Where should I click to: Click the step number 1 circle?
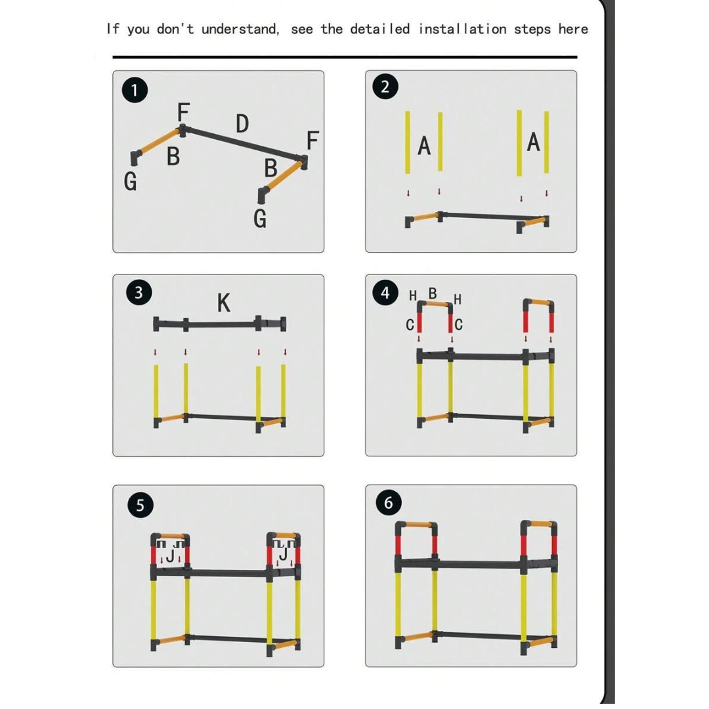(x=135, y=90)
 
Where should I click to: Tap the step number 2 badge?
(x=385, y=87)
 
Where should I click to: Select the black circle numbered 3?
(x=138, y=293)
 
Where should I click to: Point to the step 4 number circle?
(x=385, y=293)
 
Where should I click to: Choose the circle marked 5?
(x=140, y=505)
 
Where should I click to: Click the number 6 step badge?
(x=389, y=503)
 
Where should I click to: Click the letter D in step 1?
(x=242, y=123)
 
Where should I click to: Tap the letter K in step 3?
(x=223, y=303)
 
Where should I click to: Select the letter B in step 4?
(x=433, y=293)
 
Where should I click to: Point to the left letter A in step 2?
(x=424, y=146)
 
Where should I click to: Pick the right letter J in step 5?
(x=284, y=556)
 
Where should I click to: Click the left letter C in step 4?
(x=410, y=324)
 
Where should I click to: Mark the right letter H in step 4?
(x=458, y=299)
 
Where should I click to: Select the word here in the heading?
(x=572, y=29)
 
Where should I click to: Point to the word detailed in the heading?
(x=379, y=29)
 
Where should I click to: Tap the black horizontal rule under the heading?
(x=345, y=57)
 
